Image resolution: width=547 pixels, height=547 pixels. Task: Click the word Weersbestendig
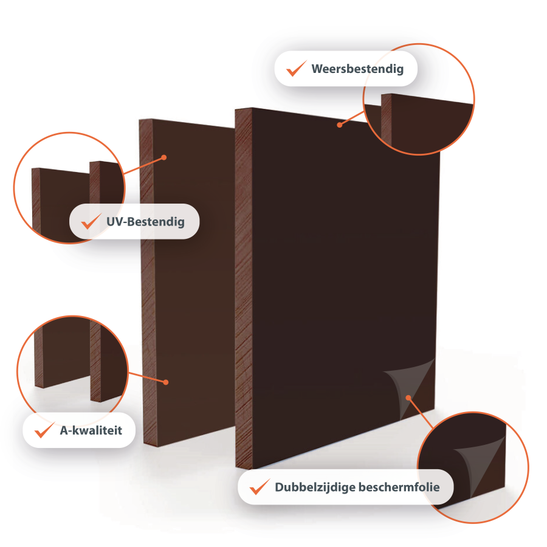click(x=357, y=69)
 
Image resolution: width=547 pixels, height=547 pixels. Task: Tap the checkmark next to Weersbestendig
click(x=296, y=69)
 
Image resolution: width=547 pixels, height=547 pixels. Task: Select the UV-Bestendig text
click(x=145, y=222)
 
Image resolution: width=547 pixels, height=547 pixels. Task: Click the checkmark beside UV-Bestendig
click(x=91, y=221)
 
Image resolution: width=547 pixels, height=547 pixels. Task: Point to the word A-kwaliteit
click(x=91, y=430)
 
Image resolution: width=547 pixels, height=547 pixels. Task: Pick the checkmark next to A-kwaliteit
click(x=44, y=430)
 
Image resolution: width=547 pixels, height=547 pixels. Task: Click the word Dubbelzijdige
click(x=315, y=487)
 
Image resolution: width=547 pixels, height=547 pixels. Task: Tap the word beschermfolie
click(x=399, y=487)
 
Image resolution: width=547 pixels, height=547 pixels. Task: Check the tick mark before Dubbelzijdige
click(x=260, y=487)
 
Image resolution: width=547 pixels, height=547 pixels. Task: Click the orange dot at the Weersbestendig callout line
click(x=339, y=125)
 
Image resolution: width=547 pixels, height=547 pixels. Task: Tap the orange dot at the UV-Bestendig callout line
click(x=164, y=157)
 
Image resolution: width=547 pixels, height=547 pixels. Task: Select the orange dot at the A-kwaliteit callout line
click(x=166, y=382)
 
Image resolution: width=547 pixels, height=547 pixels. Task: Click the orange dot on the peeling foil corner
click(x=408, y=397)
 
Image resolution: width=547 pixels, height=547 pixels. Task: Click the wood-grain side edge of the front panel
click(x=244, y=288)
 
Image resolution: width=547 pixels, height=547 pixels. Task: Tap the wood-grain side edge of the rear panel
click(x=148, y=283)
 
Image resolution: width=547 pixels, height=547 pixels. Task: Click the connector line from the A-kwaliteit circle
click(x=147, y=377)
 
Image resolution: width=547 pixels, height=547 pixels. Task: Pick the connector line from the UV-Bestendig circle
click(x=143, y=165)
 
